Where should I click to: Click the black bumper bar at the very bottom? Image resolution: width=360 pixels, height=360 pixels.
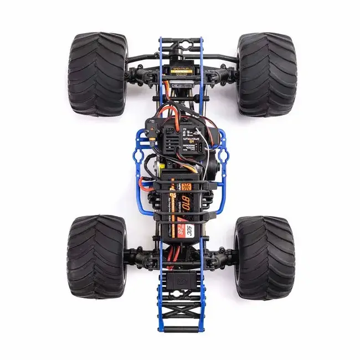point(181,330)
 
